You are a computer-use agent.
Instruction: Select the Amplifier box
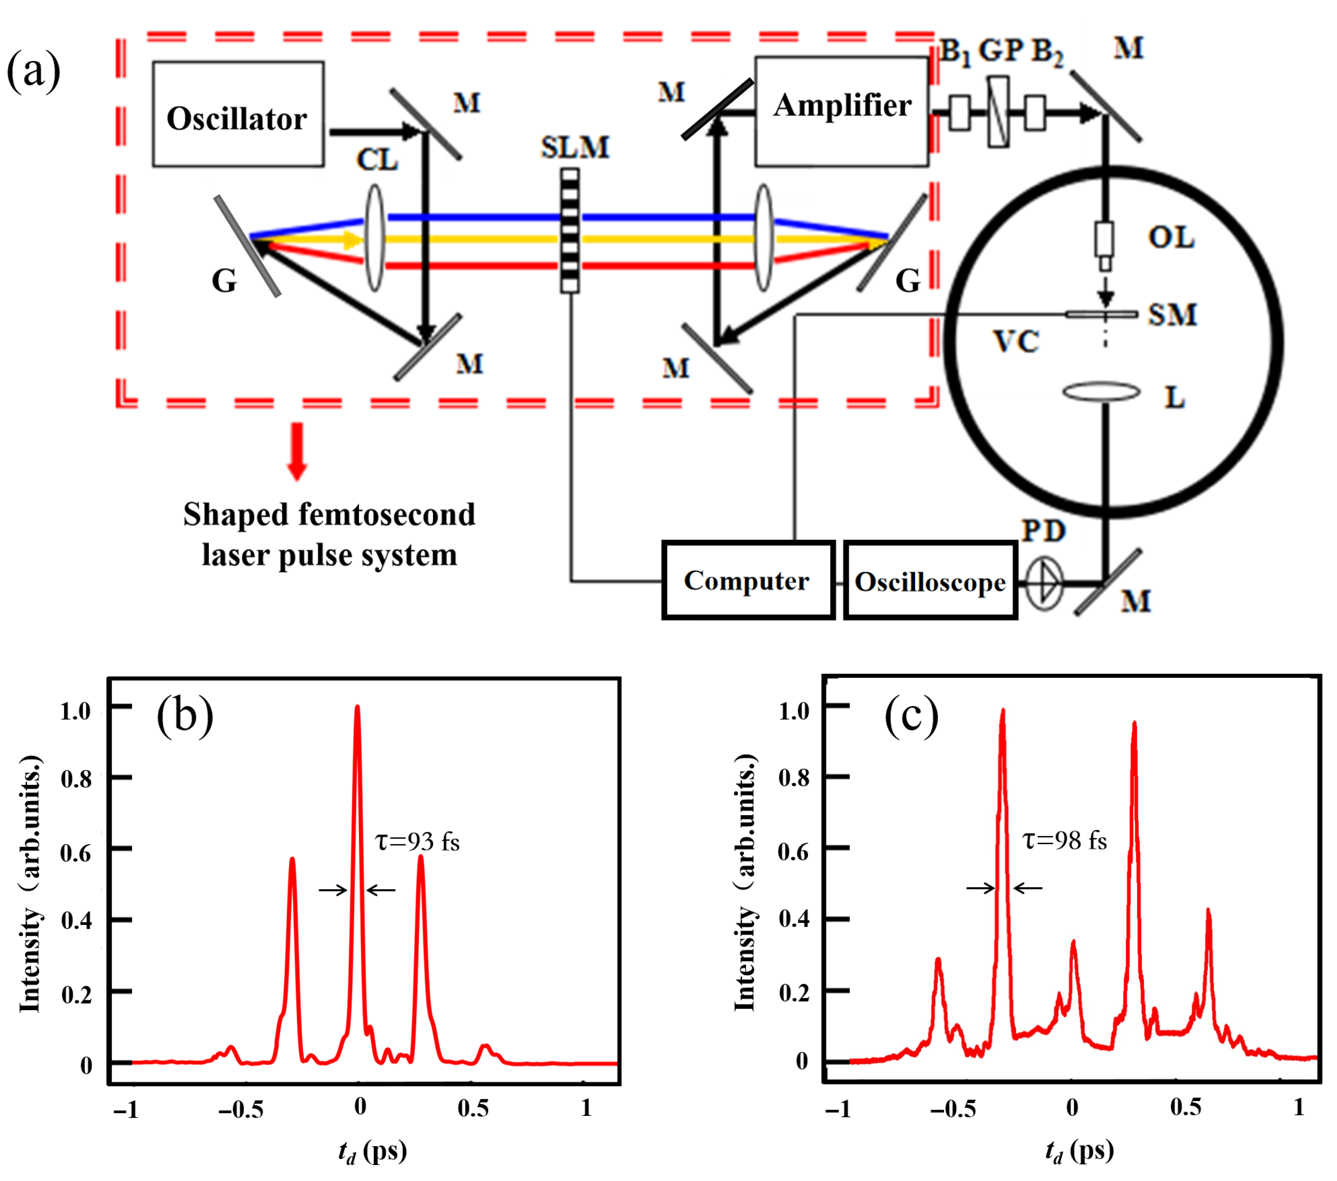coord(841,111)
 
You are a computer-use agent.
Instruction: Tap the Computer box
coord(748,580)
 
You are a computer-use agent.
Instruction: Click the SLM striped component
coord(570,230)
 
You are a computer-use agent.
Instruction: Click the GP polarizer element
coord(998,112)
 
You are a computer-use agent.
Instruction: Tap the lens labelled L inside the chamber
coord(1101,392)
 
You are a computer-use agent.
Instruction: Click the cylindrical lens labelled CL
coord(375,237)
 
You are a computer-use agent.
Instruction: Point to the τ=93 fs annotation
coord(417,842)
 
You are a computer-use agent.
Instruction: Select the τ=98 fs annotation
coord(1064,840)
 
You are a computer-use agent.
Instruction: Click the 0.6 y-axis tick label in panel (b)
coord(76,853)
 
